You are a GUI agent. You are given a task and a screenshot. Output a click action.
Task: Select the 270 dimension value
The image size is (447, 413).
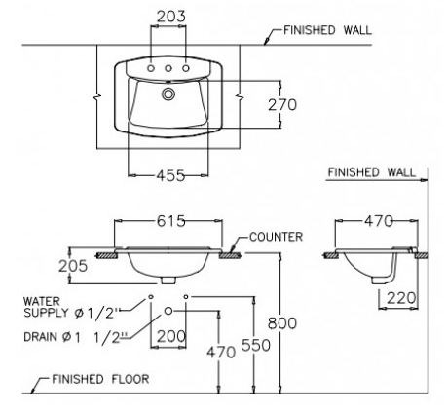pyautogui.click(x=280, y=105)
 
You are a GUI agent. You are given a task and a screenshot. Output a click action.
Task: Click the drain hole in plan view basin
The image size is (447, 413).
pyautogui.click(x=168, y=94)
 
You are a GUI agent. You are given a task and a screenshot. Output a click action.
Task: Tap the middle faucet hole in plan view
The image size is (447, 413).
pyautogui.click(x=168, y=69)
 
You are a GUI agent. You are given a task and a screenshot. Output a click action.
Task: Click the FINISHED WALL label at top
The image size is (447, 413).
pyautogui.click(x=326, y=30)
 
